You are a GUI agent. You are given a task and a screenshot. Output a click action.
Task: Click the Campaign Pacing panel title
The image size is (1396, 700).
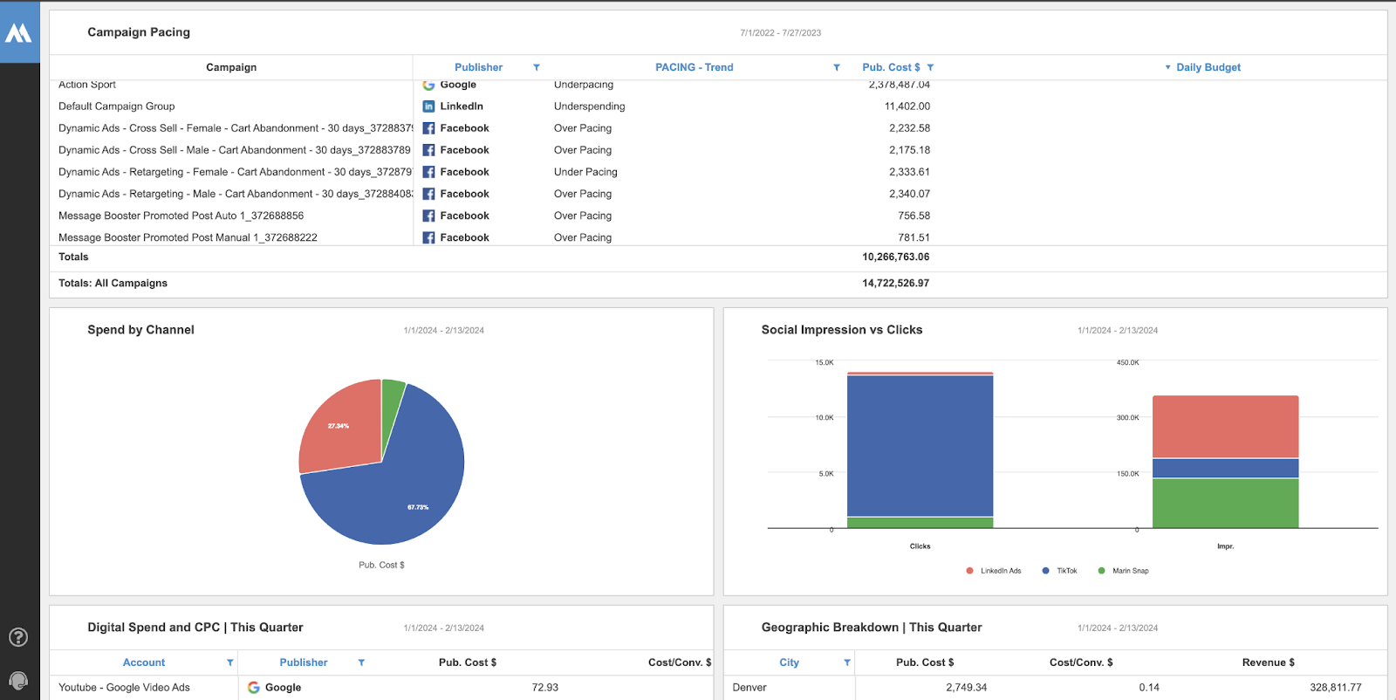coord(139,32)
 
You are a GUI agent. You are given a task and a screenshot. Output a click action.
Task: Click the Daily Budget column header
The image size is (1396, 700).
coord(1208,67)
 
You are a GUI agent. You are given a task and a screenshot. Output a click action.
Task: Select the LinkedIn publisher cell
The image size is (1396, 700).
coord(461,106)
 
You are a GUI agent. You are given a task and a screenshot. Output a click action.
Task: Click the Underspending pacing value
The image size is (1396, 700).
coord(589,106)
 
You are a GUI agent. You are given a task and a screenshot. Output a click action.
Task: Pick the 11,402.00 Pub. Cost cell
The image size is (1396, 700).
coord(907,106)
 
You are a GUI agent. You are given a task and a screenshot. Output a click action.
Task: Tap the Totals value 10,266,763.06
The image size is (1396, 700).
coord(895,257)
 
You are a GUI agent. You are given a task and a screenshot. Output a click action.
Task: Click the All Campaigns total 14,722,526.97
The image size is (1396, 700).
coord(895,284)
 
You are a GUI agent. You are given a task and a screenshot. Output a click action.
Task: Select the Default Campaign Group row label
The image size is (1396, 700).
coord(116,106)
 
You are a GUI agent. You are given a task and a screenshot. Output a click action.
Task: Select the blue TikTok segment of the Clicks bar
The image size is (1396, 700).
coord(920,445)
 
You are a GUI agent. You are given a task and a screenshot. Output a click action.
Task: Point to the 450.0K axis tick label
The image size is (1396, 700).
coord(1127,362)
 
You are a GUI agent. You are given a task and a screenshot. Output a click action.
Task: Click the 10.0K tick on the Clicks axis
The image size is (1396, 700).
coord(824,418)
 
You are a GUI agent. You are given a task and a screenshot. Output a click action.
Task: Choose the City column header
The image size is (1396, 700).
coord(789,662)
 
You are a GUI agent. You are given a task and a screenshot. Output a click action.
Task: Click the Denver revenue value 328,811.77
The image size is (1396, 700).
coord(1335,688)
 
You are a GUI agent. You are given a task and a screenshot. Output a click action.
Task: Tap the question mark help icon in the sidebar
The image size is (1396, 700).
coord(18,637)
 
